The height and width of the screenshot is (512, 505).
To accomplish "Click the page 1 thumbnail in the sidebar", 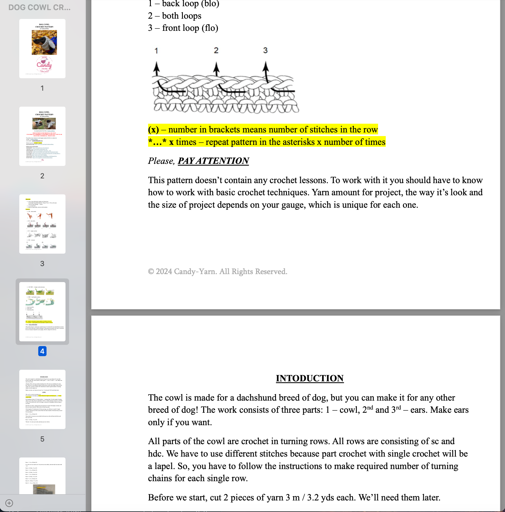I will (x=42, y=49).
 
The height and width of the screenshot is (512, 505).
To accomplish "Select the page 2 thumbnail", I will (x=42, y=136).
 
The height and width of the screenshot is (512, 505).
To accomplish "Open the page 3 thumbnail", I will (x=42, y=224).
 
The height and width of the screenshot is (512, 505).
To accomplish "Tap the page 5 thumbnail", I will (x=42, y=399).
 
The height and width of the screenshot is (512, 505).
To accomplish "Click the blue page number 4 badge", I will (x=42, y=351).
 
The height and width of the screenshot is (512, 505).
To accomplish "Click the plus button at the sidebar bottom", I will (x=9, y=503).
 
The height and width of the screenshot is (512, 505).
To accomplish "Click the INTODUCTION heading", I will (x=310, y=378).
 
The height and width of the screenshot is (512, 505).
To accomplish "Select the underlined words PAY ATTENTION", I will (x=213, y=161).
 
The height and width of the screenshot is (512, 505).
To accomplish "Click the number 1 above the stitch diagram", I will (x=156, y=51).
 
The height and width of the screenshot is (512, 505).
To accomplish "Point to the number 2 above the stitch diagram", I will (x=216, y=50).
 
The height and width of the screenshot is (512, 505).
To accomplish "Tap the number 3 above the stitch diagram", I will (x=265, y=50).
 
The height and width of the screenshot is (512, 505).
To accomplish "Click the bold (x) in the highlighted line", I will (x=154, y=129).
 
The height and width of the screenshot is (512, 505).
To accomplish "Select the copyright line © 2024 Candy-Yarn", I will (x=218, y=271).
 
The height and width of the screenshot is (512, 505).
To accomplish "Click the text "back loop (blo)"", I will (x=191, y=4).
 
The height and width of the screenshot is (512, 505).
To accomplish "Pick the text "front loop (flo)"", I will (x=190, y=28).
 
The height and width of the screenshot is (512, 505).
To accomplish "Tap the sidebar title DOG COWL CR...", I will (x=39, y=7).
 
